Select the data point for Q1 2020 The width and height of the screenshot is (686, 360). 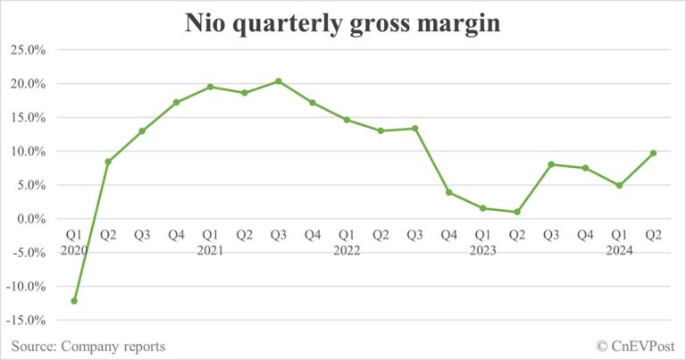tap(74, 300)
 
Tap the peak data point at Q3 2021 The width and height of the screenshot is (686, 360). tap(279, 81)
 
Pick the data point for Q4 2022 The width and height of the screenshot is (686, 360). tap(448, 192)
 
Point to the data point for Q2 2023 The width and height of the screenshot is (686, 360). tap(516, 212)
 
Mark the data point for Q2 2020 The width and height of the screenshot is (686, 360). tap(108, 162)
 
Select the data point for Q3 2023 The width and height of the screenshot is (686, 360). tap(551, 164)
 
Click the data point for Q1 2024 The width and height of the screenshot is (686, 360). tap(619, 186)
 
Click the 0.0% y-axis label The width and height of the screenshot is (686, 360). tap(31, 219)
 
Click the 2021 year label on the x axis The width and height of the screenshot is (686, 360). tap(210, 251)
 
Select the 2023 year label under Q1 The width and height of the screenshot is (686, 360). tap(482, 251)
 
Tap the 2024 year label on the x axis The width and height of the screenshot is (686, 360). tap(619, 251)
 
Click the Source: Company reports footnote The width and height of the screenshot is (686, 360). tap(88, 346)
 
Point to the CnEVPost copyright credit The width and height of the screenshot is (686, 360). tap(635, 346)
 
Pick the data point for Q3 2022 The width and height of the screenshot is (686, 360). tap(414, 129)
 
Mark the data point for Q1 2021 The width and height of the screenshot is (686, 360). tap(210, 87)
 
